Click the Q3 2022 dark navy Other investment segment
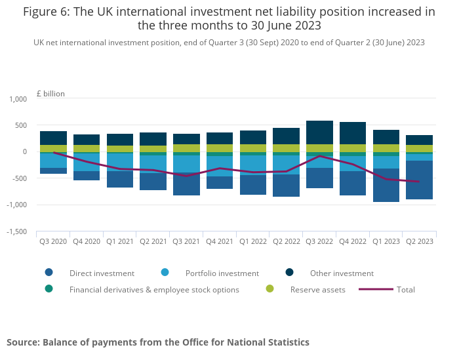tap(319, 132)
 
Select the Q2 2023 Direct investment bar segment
tap(419, 180)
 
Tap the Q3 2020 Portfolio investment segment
tap(53, 161)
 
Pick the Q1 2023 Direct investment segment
tap(386, 186)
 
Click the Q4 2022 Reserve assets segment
tap(353, 148)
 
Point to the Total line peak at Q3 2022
tap(319, 156)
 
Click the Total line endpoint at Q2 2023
tap(419, 182)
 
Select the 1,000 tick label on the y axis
tap(18, 99)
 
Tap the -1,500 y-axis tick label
tap(16, 231)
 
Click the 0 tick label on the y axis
tap(25, 151)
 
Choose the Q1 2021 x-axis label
tap(120, 241)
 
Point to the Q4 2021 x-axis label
tap(220, 241)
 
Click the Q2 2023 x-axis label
tap(419, 241)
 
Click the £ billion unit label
tap(50, 94)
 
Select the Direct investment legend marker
tap(49, 273)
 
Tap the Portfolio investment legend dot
tap(165, 273)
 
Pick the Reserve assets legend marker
tap(269, 289)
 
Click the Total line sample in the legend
tap(376, 289)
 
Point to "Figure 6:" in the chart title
tap(47, 12)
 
